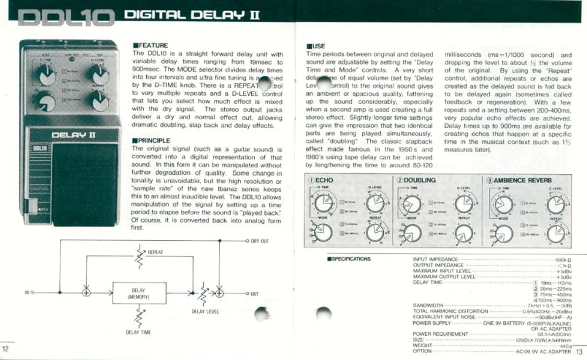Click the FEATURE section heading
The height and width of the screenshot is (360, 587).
151,45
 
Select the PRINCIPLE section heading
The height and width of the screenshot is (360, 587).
152,141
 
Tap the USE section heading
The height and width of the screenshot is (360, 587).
316,46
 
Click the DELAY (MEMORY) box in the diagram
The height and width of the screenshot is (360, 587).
139,293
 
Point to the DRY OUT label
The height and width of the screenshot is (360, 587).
259,241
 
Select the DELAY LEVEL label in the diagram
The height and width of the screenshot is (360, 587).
205,312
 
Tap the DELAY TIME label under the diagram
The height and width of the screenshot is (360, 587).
139,332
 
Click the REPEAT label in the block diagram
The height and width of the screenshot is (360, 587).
156,253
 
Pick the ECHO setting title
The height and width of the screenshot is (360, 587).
321,180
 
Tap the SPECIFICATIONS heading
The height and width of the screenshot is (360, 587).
349,258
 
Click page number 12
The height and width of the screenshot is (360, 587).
6,351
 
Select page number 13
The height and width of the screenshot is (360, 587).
580,351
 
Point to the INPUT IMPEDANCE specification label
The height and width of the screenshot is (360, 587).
435,259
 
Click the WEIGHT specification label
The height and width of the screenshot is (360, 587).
423,345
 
